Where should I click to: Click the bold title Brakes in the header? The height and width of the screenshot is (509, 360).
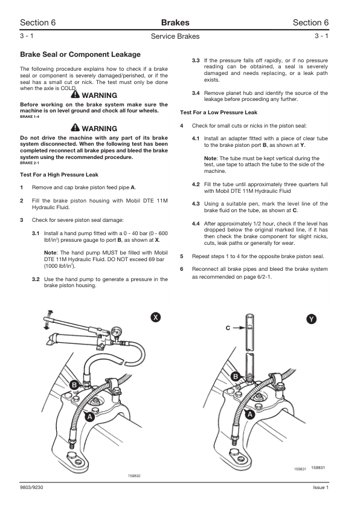tap(175, 22)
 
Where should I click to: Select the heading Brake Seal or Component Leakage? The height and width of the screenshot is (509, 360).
tap(80, 54)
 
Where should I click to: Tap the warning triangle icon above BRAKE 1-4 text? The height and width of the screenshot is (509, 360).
tap(76, 94)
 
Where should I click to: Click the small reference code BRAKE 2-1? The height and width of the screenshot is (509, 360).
tap(30, 163)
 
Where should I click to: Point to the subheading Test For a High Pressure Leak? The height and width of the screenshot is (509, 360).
tap(59, 175)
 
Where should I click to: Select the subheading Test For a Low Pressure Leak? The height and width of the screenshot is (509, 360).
tap(219, 112)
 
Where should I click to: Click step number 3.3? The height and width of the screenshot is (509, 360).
tap(196, 60)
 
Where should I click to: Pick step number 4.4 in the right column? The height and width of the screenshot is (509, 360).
tap(196, 224)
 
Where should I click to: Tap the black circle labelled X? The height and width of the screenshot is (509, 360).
tap(156, 317)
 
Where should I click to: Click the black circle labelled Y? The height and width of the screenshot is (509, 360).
tap(311, 319)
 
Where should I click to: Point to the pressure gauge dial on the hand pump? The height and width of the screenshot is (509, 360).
tap(115, 332)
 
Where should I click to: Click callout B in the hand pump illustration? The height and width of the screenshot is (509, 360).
tap(74, 385)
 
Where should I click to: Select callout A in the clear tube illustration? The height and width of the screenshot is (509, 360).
tap(249, 415)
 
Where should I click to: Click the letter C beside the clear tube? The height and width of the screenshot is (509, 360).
tap(228, 328)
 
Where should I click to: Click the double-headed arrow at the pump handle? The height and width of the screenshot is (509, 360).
tap(48, 319)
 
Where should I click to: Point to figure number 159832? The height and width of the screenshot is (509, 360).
tap(135, 476)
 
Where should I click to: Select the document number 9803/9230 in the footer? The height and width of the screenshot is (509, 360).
tap(31, 487)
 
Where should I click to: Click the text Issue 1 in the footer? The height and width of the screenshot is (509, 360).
tap(321, 487)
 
